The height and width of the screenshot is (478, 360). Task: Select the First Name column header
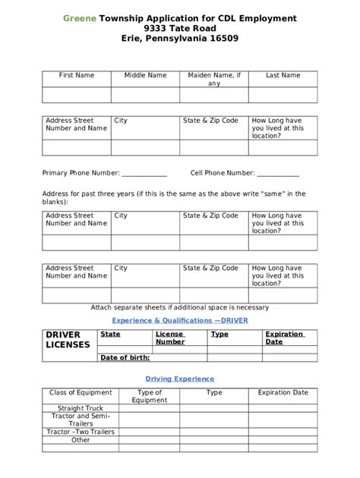pyautogui.click(x=77, y=76)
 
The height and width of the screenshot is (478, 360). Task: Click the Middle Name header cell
pyautogui.click(x=145, y=76)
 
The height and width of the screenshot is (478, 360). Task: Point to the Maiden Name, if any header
pyautogui.click(x=214, y=79)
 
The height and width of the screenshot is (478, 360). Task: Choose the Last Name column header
pyautogui.click(x=283, y=76)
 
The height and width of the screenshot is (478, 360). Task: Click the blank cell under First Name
pyautogui.click(x=77, y=95)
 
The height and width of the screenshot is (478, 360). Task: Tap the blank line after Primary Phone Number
pyautogui.click(x=144, y=173)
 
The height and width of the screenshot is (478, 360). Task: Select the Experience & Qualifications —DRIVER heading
pyautogui.click(x=180, y=320)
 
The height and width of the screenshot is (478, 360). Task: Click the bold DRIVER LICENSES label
pyautogui.click(x=68, y=339)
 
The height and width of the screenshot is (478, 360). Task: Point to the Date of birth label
pyautogui.click(x=125, y=357)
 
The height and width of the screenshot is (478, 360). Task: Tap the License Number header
pyautogui.click(x=170, y=338)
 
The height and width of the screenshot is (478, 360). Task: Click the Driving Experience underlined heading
pyautogui.click(x=180, y=379)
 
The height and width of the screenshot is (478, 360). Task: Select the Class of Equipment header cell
pyautogui.click(x=81, y=393)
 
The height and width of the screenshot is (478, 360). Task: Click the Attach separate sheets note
pyautogui.click(x=180, y=307)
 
